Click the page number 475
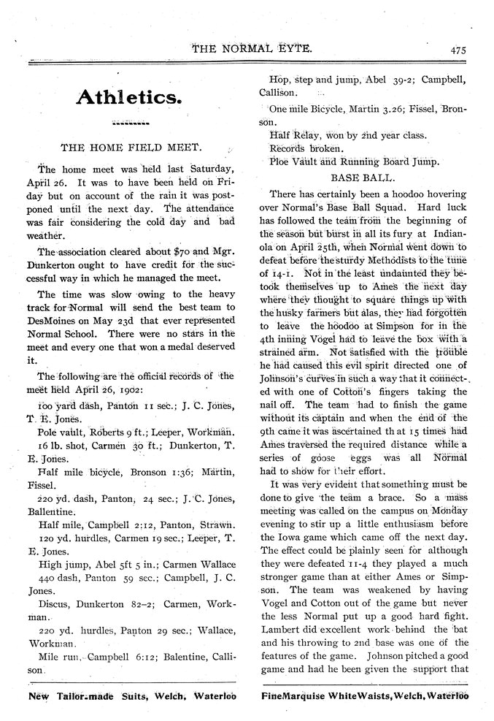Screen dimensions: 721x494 coord(458,50)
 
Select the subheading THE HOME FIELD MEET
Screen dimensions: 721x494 coord(136,146)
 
